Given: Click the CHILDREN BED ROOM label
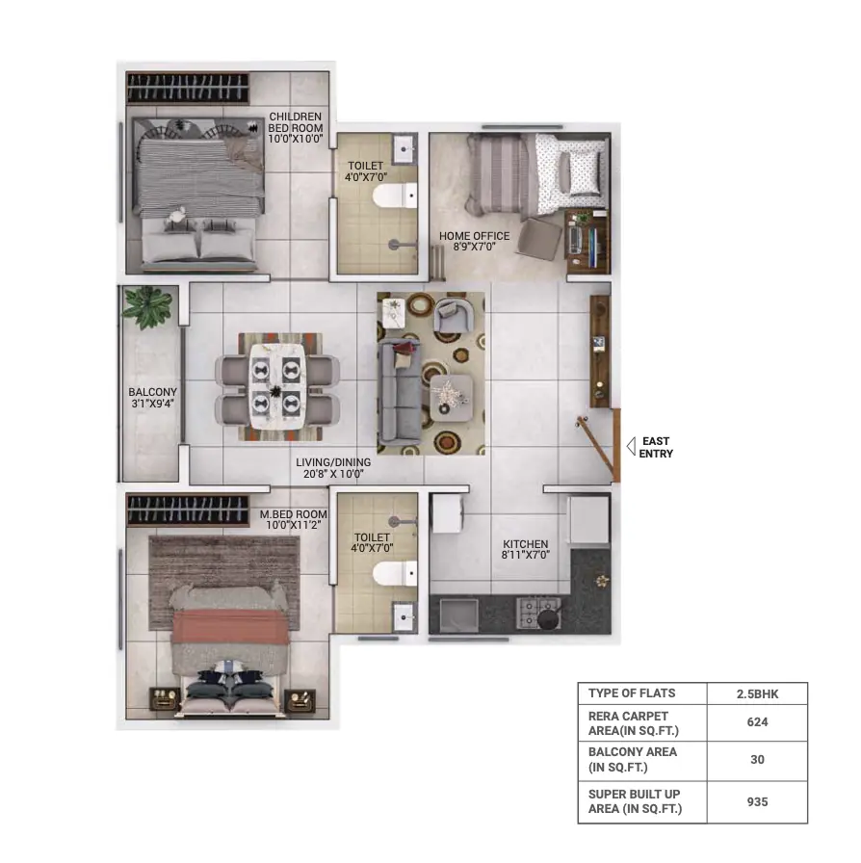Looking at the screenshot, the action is (296, 128).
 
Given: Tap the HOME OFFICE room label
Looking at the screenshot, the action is (474, 241).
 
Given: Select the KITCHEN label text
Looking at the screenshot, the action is (525, 549).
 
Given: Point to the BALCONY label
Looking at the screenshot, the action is (152, 398).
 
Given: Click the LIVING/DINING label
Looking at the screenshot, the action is (333, 468).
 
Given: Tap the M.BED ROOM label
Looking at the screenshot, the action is (294, 519).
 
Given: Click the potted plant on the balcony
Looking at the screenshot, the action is (147, 306).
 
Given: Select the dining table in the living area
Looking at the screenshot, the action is (277, 386).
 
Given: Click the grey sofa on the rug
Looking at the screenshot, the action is (399, 392).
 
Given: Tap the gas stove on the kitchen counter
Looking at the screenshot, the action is (538, 614).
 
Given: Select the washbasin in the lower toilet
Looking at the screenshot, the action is (404, 617).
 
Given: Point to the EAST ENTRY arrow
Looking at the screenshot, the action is (631, 446).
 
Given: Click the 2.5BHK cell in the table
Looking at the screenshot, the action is (758, 694).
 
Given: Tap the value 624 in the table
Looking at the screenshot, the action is (758, 722).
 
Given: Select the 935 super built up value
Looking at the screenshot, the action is (758, 802).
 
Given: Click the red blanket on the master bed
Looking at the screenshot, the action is (230, 626).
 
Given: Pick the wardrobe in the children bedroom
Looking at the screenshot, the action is (188, 88).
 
